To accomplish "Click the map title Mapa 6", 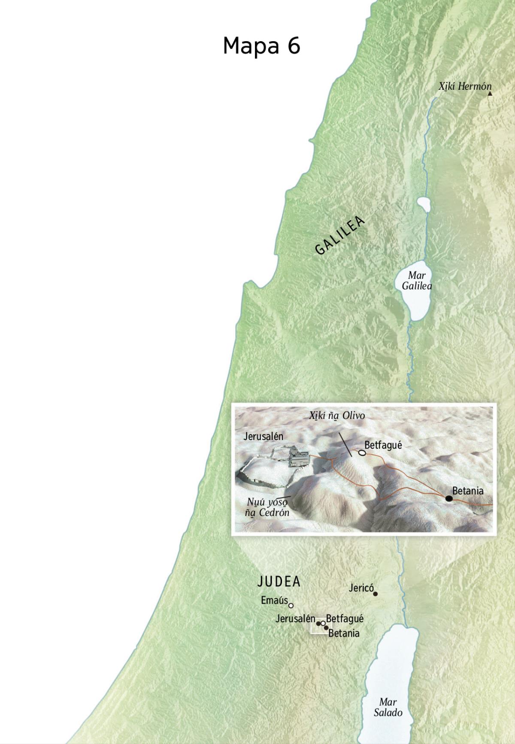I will click(x=261, y=46).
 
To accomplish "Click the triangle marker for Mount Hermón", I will click(x=490, y=93).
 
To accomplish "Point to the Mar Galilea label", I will click(x=417, y=280).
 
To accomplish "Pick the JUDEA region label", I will click(x=279, y=582).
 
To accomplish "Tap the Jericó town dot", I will click(x=376, y=594).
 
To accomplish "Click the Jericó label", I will click(x=361, y=588).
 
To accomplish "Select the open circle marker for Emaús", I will click(x=291, y=606).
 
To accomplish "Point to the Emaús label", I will click(x=274, y=600).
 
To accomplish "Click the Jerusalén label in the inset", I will click(x=264, y=437).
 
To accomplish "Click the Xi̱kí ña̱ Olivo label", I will click(x=337, y=416).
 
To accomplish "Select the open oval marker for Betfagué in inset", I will click(x=362, y=452).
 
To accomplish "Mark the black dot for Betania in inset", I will click(x=448, y=498).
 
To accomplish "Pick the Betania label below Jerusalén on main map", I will click(x=344, y=633).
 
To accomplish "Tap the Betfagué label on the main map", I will click(x=345, y=619).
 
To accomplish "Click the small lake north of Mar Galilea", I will click(x=423, y=204).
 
